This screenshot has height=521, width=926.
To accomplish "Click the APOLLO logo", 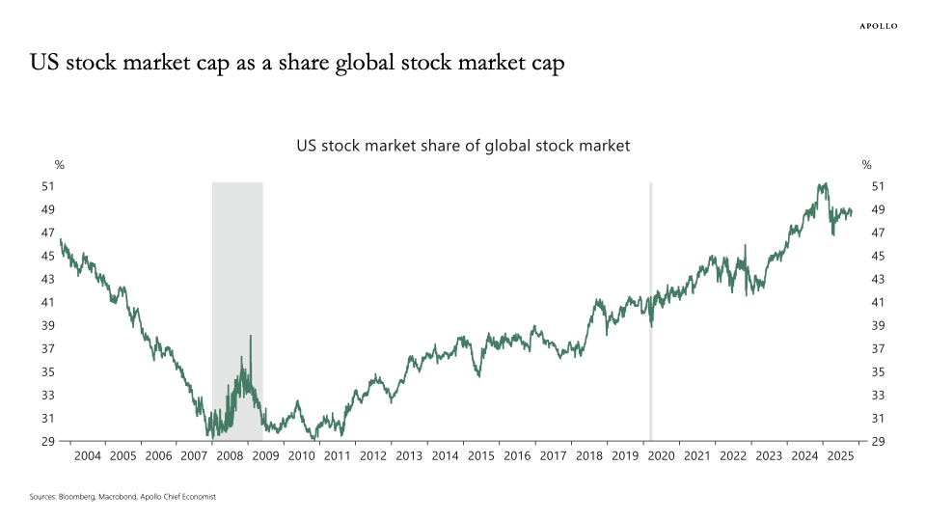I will [878, 26].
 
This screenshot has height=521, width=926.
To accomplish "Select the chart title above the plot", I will [462, 146].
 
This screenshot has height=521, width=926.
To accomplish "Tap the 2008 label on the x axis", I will [231, 455].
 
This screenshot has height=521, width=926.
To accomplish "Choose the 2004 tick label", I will [87, 455].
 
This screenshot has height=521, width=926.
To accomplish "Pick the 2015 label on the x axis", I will [481, 455].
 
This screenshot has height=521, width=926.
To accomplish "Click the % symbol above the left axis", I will [59, 165].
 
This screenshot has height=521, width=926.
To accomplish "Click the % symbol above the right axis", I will [866, 165].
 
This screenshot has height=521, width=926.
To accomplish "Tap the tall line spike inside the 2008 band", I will [251, 337].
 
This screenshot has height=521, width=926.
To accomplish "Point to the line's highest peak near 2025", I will [821, 183].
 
